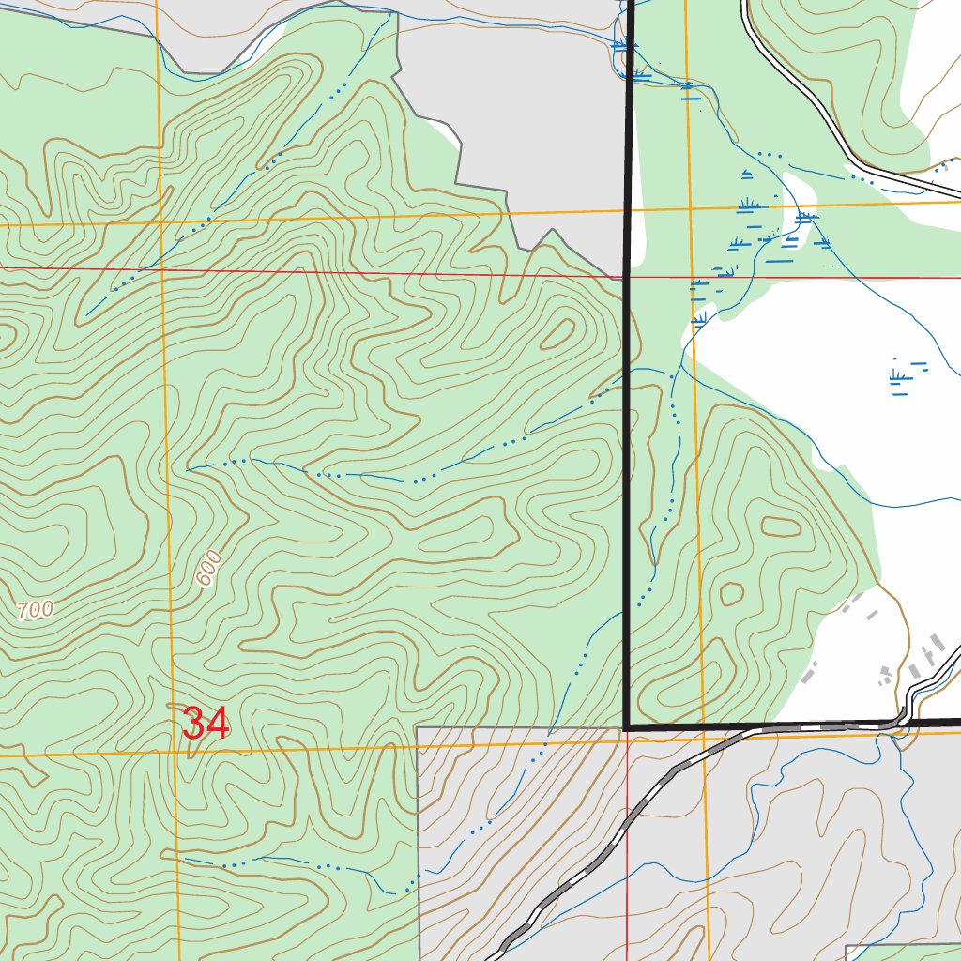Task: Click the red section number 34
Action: pyautogui.click(x=206, y=724)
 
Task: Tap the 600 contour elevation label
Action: pyautogui.click(x=208, y=568)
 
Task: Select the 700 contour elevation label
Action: pyautogui.click(x=35, y=610)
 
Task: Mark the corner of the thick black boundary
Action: pyautogui.click(x=626, y=727)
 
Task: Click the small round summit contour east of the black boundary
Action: pyautogui.click(x=730, y=593)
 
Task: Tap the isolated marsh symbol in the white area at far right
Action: pyautogui.click(x=903, y=376)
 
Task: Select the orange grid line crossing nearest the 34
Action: pyautogui.click(x=175, y=752)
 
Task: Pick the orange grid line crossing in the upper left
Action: pyautogui.click(x=160, y=226)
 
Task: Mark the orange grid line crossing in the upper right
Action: pyautogui.click(x=690, y=209)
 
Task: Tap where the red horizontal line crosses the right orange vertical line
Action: pyautogui.click(x=692, y=278)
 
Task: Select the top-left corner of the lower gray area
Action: pyautogui.click(x=417, y=727)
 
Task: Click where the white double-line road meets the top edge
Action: pyautogui.click(x=743, y=3)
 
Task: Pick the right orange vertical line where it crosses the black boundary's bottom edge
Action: pyautogui.click(x=701, y=728)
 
